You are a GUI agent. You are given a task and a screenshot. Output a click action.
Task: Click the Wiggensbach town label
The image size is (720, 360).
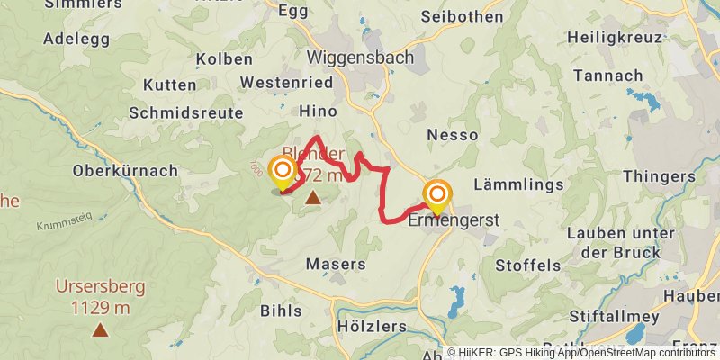(360, 57)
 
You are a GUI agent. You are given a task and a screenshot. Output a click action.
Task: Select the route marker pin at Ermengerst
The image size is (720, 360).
(438, 195)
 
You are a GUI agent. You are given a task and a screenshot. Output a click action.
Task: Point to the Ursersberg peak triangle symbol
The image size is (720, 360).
(99, 329)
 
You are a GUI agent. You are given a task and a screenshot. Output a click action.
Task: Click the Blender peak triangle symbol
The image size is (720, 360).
(312, 197)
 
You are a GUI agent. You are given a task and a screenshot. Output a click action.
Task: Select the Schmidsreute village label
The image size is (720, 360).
(186, 112)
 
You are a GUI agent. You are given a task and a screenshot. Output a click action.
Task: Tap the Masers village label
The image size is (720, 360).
(336, 265)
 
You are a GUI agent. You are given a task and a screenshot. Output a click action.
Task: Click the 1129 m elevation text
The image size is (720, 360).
(99, 307)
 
